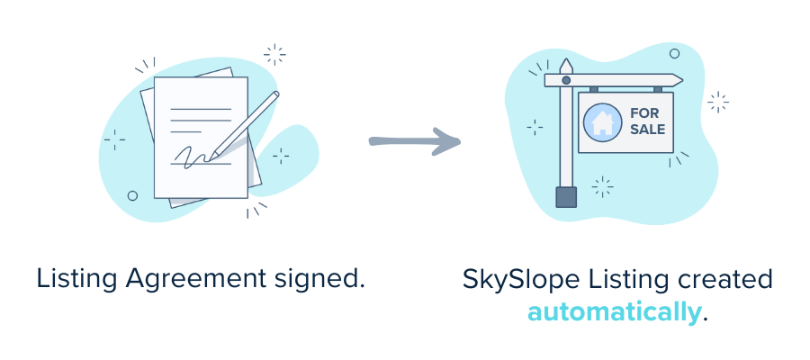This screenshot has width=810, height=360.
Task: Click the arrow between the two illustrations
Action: (x=415, y=141)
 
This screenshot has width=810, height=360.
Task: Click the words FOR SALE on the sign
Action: (x=648, y=121)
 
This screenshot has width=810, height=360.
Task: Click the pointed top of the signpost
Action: (x=565, y=65)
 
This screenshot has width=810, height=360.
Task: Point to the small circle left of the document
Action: (x=132, y=194)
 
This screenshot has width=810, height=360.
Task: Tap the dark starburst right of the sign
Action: (x=717, y=103)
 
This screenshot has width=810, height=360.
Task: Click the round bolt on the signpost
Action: (x=565, y=81)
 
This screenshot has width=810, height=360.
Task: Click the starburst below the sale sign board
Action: (x=602, y=187)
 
